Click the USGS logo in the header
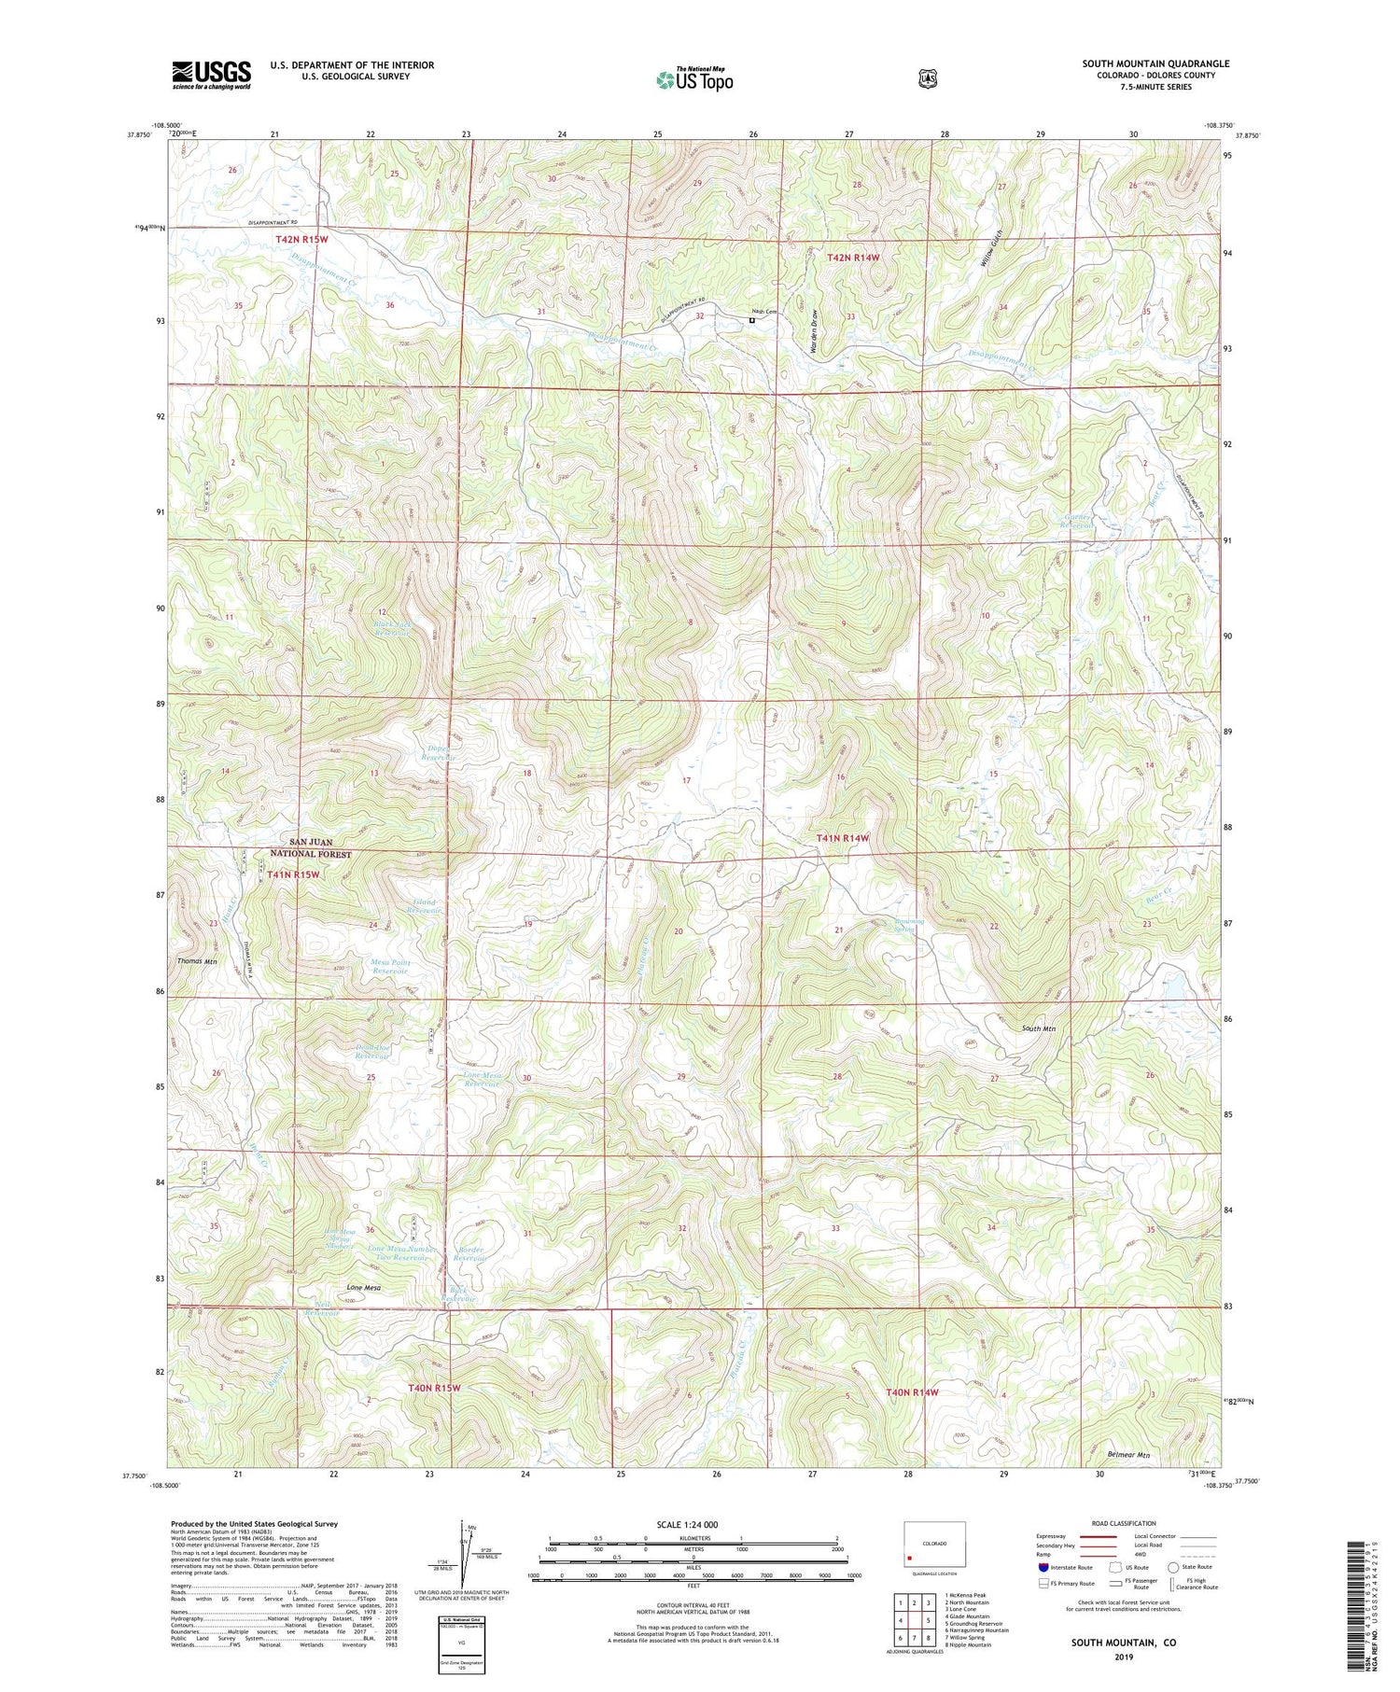(x=211, y=75)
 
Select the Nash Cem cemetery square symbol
(x=752, y=320)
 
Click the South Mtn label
(x=1038, y=1028)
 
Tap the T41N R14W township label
(x=843, y=838)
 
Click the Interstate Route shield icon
(x=1043, y=1568)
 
